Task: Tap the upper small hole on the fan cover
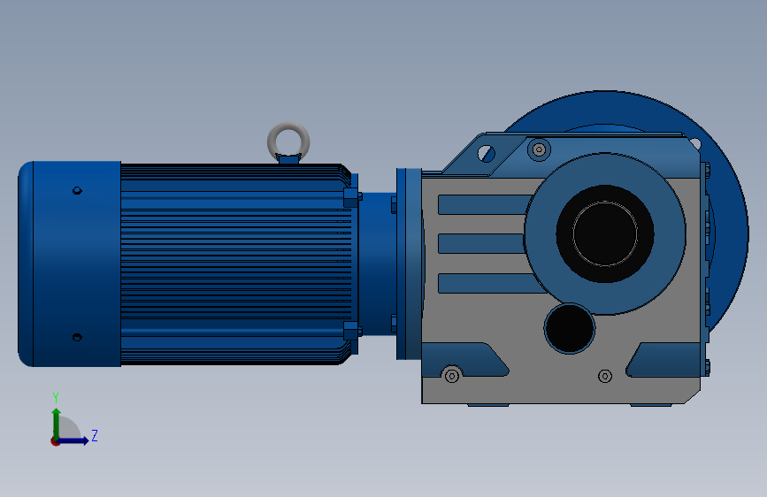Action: coord(77,190)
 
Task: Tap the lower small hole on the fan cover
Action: coord(77,337)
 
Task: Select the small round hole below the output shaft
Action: coord(570,327)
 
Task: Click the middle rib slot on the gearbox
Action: coord(481,243)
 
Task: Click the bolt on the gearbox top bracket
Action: coord(539,149)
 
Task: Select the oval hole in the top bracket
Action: coord(484,152)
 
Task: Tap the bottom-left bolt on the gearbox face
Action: coord(452,375)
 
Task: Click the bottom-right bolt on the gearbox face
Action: coord(605,376)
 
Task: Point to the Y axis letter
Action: coord(56,397)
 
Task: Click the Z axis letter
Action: coord(94,436)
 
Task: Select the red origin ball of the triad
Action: coord(56,440)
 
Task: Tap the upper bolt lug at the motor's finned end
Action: coord(351,196)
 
